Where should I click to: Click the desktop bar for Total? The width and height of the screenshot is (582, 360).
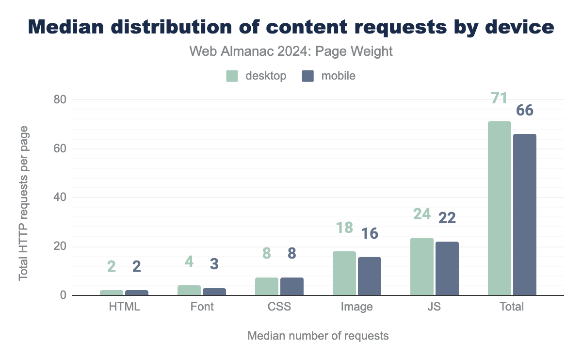coord(500,209)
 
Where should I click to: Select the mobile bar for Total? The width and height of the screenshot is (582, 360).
coord(525,215)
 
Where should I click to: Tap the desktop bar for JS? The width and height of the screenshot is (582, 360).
coord(422,266)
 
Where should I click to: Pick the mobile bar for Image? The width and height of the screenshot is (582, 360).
coord(370,276)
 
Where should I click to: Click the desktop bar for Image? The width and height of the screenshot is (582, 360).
coord(344,273)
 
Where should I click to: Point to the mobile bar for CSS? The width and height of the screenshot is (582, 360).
coord(292,286)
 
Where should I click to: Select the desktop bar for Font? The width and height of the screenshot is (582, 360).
coord(189,290)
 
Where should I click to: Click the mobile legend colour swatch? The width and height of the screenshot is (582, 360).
coord(308,76)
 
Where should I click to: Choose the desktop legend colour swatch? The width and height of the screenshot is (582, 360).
coord(232,76)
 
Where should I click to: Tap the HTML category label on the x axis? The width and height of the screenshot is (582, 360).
coord(125,307)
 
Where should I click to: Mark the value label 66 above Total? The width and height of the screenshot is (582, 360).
coord(525,111)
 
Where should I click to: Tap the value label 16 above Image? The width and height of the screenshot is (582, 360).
coord(370,233)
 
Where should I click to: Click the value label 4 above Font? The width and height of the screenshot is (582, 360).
coord(189,262)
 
